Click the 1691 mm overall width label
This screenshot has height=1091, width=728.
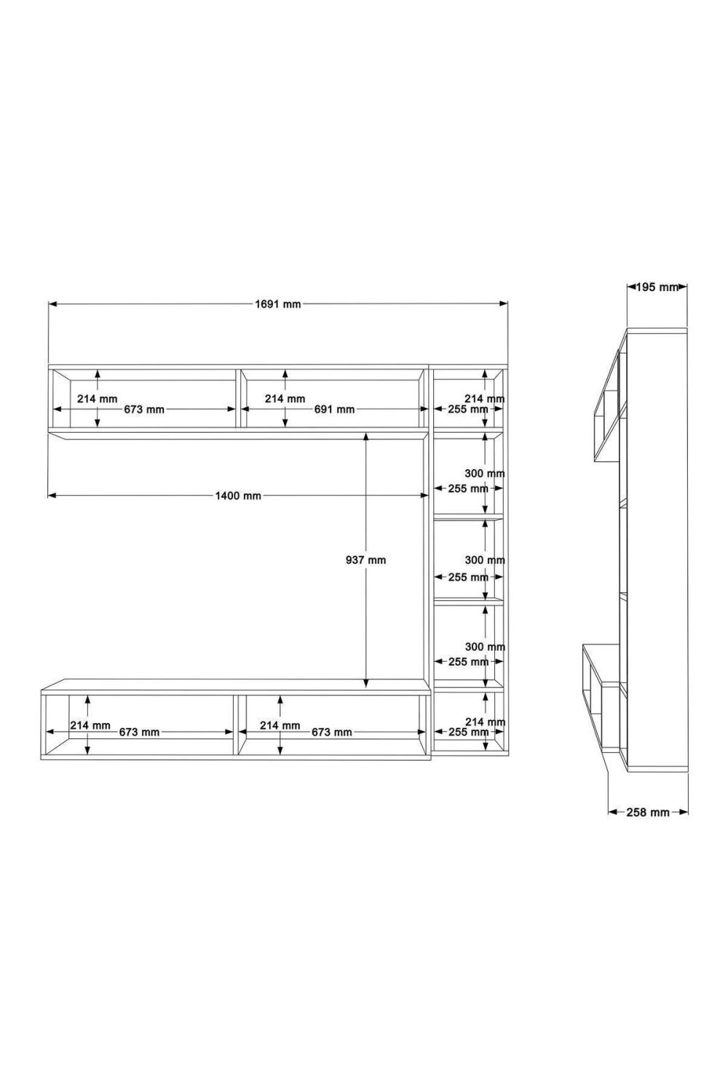pyautogui.click(x=277, y=305)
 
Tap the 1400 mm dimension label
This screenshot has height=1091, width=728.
pyautogui.click(x=238, y=496)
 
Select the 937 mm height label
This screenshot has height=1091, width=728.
pyautogui.click(x=365, y=560)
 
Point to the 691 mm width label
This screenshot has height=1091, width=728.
pyautogui.click(x=334, y=409)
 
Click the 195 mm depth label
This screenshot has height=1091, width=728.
pyautogui.click(x=657, y=287)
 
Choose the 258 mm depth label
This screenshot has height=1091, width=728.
pyautogui.click(x=647, y=812)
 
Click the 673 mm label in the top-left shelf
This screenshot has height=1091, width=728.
pyautogui.click(x=144, y=409)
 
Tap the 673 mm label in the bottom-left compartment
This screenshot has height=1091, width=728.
pyautogui.click(x=140, y=732)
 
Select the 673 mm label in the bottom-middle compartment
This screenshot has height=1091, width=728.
pyautogui.click(x=331, y=732)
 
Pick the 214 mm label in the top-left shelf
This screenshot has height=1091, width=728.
pyautogui.click(x=97, y=399)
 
